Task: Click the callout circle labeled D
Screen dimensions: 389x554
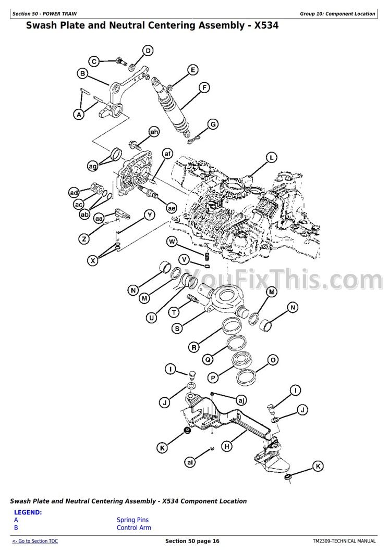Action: coord(148,51)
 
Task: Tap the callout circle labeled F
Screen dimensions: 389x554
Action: coord(204,87)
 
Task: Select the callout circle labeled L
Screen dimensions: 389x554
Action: coord(272,158)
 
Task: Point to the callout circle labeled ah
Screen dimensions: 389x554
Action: coord(154,132)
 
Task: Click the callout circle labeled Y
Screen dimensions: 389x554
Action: coord(150,215)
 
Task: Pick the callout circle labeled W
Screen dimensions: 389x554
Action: coord(172,242)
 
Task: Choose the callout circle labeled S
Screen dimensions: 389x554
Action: coord(177,329)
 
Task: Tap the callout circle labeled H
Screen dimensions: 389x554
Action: coord(227,446)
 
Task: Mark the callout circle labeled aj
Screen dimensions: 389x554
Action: coord(241,400)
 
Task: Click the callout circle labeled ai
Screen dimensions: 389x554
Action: coord(190,462)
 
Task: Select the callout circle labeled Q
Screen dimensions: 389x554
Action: coord(208,360)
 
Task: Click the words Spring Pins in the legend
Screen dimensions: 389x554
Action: coord(133,520)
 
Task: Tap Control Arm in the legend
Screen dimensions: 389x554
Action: coord(134,528)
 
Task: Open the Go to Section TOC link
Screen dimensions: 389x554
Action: coord(35,541)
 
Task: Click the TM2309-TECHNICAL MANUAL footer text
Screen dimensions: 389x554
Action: coord(344,541)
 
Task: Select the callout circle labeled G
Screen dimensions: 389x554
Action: coord(213,124)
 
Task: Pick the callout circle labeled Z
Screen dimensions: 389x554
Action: coord(84,239)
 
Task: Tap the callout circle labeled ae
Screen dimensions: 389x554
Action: coord(172,208)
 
